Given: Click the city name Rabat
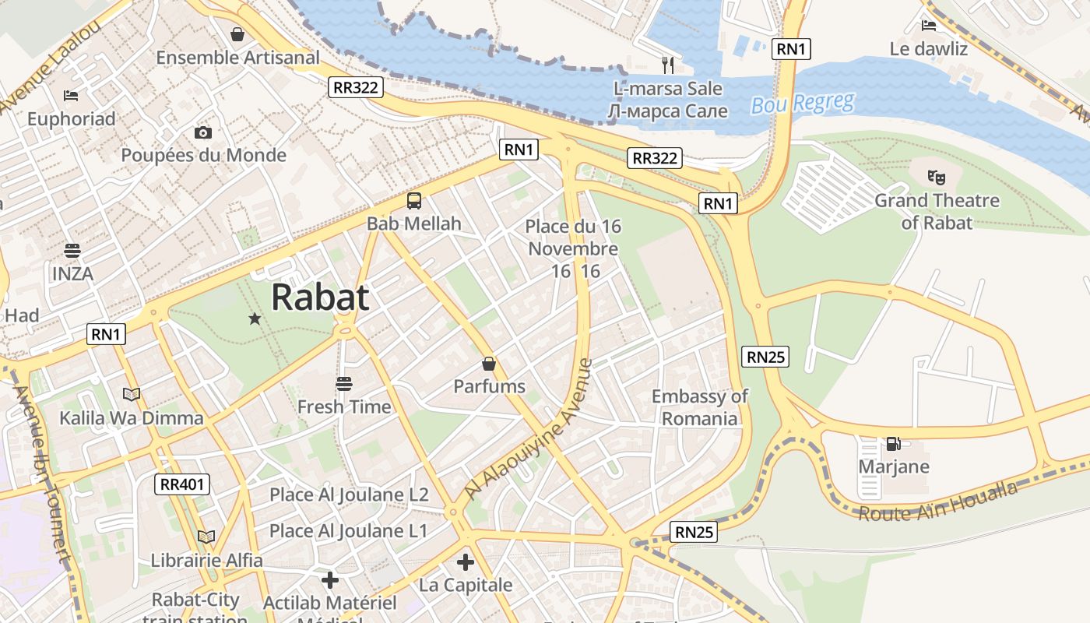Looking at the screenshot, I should pyautogui.click(x=320, y=297).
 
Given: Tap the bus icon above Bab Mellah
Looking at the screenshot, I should pyautogui.click(x=414, y=201).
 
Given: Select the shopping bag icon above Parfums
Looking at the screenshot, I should pyautogui.click(x=489, y=364).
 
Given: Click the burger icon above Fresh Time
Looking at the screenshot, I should pyautogui.click(x=344, y=384).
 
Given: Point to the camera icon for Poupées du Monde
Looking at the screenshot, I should pyautogui.click(x=203, y=132).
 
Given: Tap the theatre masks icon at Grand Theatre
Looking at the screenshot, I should pyautogui.click(x=937, y=177).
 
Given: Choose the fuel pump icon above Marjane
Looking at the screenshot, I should pyautogui.click(x=893, y=444).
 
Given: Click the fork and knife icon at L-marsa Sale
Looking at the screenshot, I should pyautogui.click(x=667, y=65).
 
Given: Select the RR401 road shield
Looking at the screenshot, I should pyautogui.click(x=182, y=484).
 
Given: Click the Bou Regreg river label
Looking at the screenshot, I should pyautogui.click(x=803, y=104).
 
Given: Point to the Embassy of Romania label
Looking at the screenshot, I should pyautogui.click(x=699, y=407).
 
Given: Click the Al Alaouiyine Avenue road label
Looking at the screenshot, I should pyautogui.click(x=529, y=429).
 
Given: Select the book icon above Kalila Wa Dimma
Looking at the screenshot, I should pyautogui.click(x=132, y=395).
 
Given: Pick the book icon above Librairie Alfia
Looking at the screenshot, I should pyautogui.click(x=206, y=537).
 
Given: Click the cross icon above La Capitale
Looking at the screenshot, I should pyautogui.click(x=466, y=562).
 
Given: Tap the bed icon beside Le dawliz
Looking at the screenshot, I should pyautogui.click(x=928, y=26).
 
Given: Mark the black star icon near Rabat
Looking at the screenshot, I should pyautogui.click(x=255, y=319).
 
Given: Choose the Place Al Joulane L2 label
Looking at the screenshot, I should pyautogui.click(x=349, y=495).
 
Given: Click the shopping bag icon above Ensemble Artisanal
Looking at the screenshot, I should pyautogui.click(x=237, y=34).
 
